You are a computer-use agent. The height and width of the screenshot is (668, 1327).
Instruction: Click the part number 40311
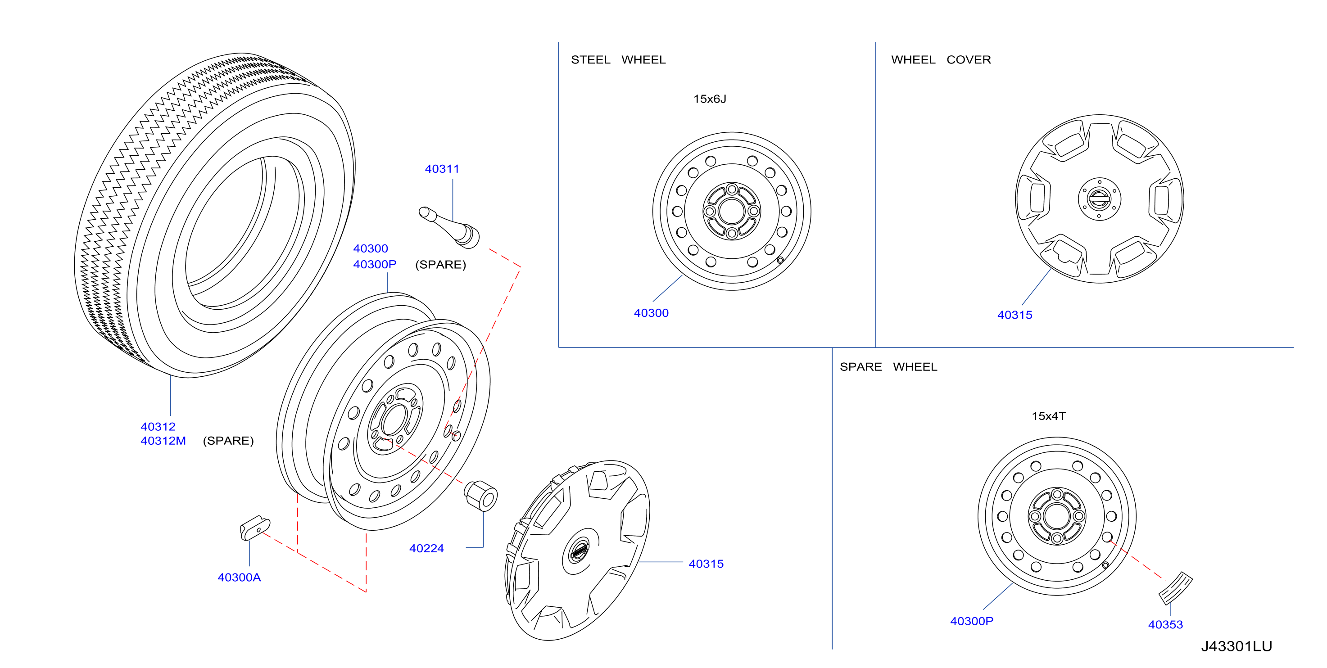coord(442,169)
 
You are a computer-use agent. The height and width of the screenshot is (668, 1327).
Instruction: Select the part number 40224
coord(426,549)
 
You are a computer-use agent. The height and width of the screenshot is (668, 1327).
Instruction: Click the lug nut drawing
coord(480,495)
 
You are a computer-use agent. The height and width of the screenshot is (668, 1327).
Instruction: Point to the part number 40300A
coord(239,578)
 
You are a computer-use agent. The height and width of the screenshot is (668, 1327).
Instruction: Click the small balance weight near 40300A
coord(255,528)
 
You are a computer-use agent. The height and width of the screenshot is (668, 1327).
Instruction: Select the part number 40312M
coord(163,441)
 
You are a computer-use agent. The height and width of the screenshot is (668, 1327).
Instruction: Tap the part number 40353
coord(1165,625)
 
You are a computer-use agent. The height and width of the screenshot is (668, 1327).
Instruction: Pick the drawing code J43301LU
coord(1236,646)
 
